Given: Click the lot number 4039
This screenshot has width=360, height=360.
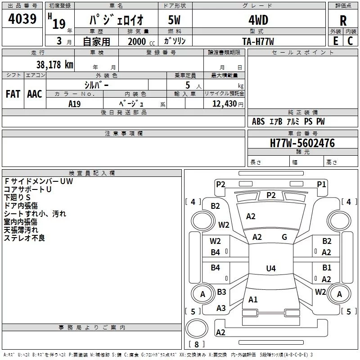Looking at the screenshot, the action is tap(22, 19).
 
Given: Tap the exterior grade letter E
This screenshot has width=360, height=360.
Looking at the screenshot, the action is tap(335, 40).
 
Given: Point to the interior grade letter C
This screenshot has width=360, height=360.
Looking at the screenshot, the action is tap(350, 40).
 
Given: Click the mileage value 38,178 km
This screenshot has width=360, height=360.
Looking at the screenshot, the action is tap(54, 64).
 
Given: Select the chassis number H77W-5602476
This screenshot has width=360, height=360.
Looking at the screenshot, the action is tap(302, 143).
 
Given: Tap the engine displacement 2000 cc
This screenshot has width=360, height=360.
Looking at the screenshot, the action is tap(138, 41).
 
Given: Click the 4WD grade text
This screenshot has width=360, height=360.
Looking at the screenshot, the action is tap(258, 20).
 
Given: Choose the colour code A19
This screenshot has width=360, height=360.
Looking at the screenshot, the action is tap(75, 103).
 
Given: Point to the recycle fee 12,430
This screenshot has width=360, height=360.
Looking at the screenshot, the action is tap(224, 104).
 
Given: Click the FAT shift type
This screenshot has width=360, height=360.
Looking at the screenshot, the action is tap(13, 94).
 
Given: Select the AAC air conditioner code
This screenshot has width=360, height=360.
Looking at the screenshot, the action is tap(34, 94).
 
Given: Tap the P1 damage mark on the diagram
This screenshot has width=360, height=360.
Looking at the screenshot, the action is tap(321, 184).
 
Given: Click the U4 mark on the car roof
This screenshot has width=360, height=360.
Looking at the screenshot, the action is tap(270, 269).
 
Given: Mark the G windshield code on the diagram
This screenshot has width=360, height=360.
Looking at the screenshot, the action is tap(284, 237).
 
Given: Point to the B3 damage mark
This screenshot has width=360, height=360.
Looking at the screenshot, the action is tap(221, 292).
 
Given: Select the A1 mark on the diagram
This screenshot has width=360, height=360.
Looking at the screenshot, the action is tap(253, 299).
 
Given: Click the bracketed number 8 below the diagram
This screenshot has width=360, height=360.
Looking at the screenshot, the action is tap(196, 345).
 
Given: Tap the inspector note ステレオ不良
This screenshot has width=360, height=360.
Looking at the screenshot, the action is tap(24, 238).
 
